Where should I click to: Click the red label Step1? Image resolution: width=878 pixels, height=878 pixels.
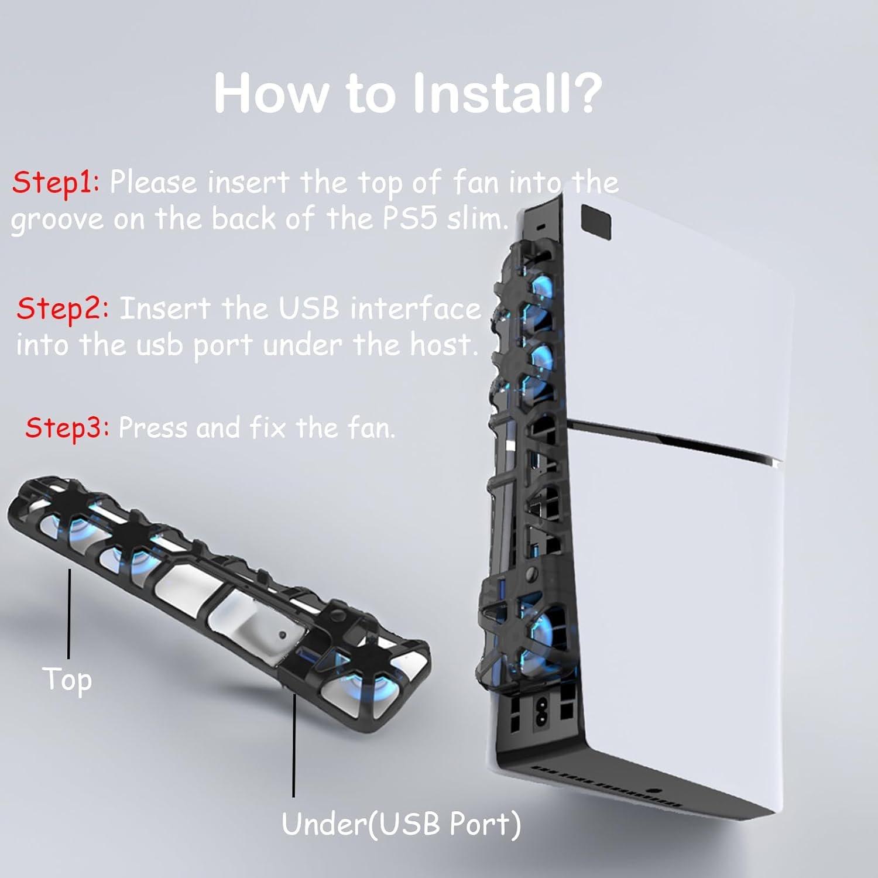(x=56, y=182)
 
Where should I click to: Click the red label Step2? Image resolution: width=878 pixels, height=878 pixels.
(x=63, y=308)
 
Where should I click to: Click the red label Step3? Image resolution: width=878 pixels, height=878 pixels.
(x=67, y=427)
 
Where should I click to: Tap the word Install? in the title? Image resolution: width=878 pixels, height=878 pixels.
(x=507, y=94)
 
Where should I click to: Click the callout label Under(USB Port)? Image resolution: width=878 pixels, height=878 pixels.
(x=401, y=824)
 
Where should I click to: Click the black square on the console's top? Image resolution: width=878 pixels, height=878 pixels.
(x=596, y=222)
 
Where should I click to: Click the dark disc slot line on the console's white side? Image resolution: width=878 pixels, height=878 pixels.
(x=673, y=439)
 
